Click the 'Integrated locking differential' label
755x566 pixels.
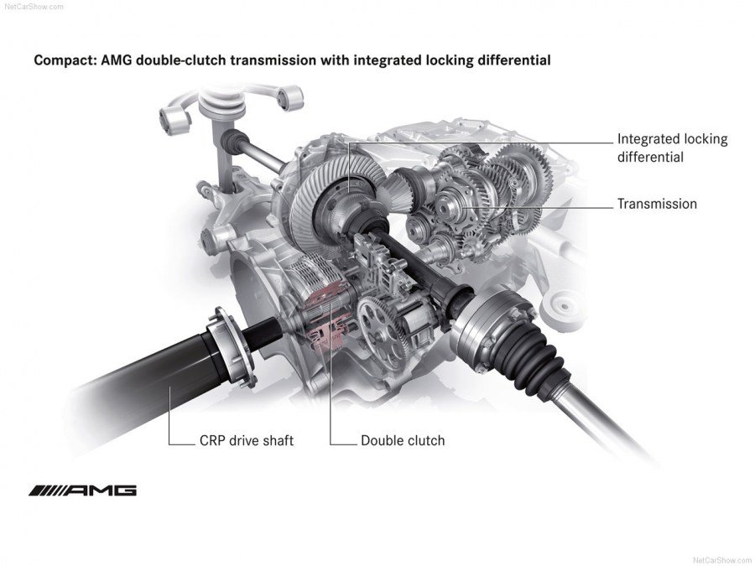click(x=672, y=148)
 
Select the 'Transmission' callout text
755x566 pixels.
click(x=657, y=204)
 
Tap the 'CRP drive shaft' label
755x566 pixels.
click(x=247, y=440)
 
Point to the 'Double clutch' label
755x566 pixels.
click(x=403, y=440)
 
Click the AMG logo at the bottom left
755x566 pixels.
click(x=82, y=491)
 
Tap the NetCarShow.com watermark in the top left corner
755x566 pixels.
click(x=32, y=5)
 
